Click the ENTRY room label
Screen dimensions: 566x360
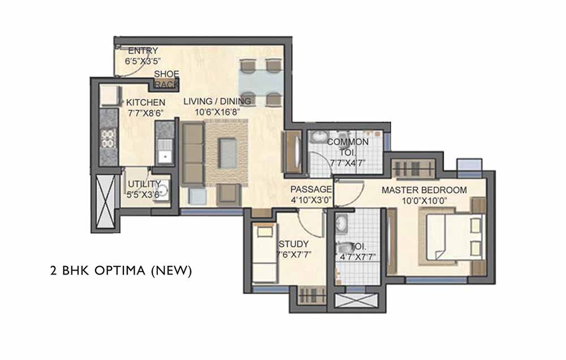pos(143,50)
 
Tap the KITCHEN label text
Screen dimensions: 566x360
pos(145,102)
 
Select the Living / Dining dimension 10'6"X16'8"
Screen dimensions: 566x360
pos(217,112)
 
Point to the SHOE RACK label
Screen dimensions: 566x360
pos(167,79)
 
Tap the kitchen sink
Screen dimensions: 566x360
pos(165,152)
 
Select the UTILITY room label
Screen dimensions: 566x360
pos(144,184)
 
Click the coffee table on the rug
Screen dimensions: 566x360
pos(228,153)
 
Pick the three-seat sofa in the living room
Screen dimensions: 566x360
pos(193,154)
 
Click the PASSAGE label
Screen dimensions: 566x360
pos(311,189)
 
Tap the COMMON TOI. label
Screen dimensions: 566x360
pos(348,147)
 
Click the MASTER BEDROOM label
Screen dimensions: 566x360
pos(424,190)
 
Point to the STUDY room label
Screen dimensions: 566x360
pos(293,244)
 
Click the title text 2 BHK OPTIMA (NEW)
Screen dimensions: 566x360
pos(121,271)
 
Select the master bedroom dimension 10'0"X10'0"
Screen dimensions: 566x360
pos(424,201)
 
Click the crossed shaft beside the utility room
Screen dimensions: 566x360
pos(106,202)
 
